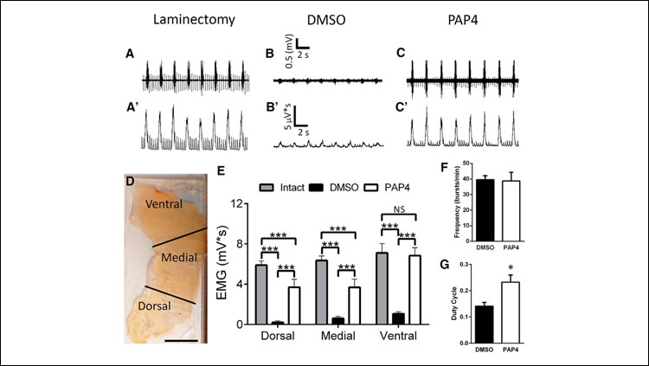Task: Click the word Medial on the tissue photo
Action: (167, 259)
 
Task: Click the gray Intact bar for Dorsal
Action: (261, 293)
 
